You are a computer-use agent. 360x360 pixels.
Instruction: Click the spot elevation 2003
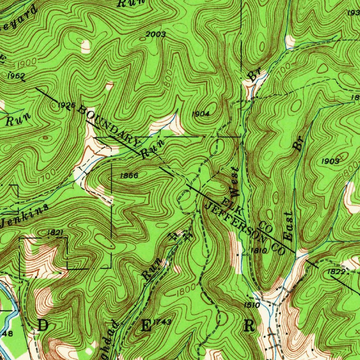(x=155, y=34)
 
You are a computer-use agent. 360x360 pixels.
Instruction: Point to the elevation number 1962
(x=16, y=76)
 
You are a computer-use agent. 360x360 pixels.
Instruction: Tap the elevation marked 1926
(x=66, y=105)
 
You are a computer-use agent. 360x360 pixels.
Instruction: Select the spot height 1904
(x=201, y=114)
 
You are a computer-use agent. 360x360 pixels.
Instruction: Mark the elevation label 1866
(x=129, y=175)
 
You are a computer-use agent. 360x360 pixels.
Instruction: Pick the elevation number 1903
(x=330, y=161)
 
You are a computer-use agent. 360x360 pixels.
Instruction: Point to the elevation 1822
(x=336, y=272)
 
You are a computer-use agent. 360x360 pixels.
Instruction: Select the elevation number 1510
(x=252, y=305)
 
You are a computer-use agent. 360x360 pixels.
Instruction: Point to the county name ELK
(x=232, y=206)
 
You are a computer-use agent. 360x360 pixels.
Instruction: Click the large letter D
(x=43, y=326)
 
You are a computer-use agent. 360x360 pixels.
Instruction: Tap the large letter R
(x=249, y=326)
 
